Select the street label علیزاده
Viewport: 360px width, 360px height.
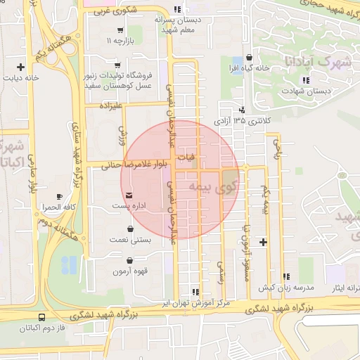pyautogui.click(x=112, y=105)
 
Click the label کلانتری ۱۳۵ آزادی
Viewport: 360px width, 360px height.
pyautogui.click(x=242, y=121)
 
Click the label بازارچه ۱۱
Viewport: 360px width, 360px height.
pyautogui.click(x=119, y=42)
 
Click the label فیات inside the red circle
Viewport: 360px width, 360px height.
pyautogui.click(x=189, y=155)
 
